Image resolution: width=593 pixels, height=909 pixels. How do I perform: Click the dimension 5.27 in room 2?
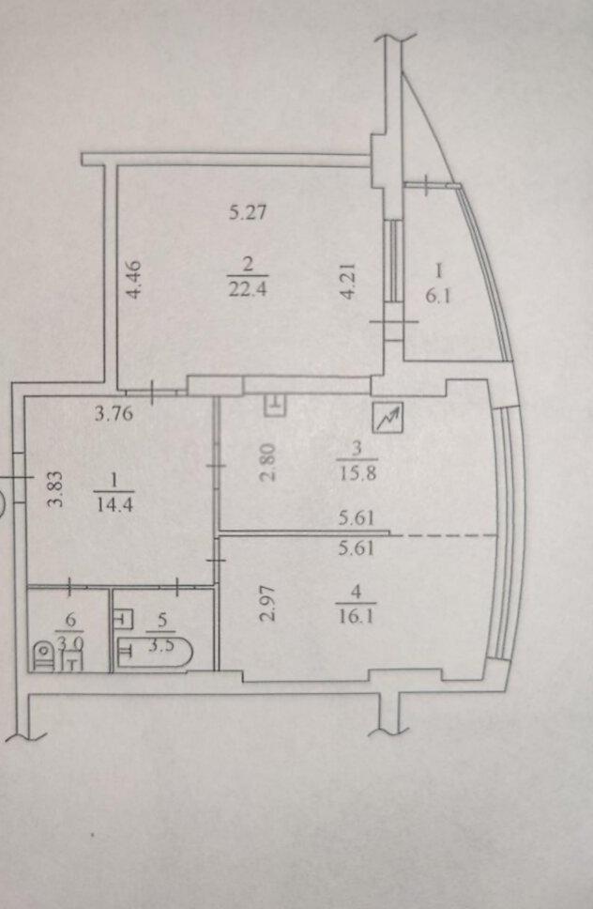pos(248,212)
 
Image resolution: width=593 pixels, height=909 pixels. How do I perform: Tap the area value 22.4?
pos(248,288)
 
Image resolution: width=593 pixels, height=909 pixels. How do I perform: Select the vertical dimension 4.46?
pos(133,280)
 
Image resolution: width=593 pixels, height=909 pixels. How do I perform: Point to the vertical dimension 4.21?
pos(347,281)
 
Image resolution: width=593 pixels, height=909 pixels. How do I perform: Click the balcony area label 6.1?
pos(438,298)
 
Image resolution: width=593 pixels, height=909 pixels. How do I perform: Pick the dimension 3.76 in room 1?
pos(114,413)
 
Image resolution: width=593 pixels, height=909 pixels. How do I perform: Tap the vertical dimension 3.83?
pos(54,488)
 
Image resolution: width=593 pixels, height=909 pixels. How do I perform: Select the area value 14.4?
pos(114,504)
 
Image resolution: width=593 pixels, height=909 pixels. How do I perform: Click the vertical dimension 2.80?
pos(268,463)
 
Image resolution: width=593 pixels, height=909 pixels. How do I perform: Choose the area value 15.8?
pos(357,473)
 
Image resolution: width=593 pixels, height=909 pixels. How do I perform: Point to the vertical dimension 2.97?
pos(267,604)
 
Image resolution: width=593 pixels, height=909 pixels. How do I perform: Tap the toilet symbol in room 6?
pos(43,656)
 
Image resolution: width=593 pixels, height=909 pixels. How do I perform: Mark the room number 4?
pos(357,593)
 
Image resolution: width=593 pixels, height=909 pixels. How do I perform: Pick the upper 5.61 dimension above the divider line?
pos(357,517)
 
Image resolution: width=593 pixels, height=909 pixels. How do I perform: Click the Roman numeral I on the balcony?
pos(439,270)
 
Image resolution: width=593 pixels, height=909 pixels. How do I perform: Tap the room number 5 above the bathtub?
pos(162,620)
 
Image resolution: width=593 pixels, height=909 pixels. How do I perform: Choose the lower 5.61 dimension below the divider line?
pos(357,547)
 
